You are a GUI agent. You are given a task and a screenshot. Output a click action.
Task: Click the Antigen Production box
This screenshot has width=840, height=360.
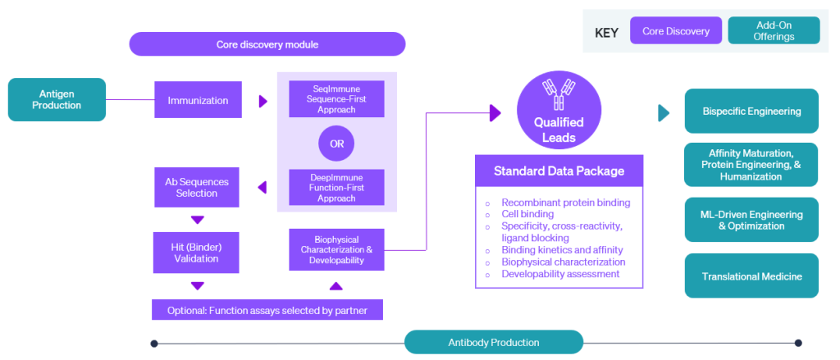[x=57, y=99]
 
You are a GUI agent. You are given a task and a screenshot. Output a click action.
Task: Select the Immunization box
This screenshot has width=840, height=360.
[x=198, y=101]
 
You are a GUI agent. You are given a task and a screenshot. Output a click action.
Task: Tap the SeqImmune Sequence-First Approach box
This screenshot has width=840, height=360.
[x=336, y=99]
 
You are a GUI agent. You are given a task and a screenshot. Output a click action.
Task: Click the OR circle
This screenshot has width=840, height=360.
[x=336, y=145]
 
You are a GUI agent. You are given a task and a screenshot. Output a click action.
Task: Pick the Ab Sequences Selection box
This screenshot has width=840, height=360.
[x=197, y=188]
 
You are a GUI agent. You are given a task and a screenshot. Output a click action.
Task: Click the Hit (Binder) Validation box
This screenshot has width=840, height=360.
[x=197, y=253]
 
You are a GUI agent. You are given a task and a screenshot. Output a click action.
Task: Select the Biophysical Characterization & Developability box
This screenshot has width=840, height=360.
[x=336, y=249]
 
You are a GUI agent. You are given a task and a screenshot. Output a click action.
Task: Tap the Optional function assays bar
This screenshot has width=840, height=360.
[x=267, y=310]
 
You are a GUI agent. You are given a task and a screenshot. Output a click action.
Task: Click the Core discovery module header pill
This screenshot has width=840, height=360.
[x=267, y=44]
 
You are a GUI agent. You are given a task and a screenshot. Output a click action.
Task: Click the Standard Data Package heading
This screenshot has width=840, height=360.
[x=559, y=171]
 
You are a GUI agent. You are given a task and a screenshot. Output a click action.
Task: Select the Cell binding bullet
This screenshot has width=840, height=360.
[x=527, y=214]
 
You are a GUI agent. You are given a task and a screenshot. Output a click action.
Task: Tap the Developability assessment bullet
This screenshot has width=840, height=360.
[x=560, y=274]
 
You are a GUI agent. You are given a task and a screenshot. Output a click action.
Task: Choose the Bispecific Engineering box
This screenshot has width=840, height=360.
[x=751, y=111]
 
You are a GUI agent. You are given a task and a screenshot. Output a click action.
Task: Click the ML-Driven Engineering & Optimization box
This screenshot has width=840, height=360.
[x=751, y=220]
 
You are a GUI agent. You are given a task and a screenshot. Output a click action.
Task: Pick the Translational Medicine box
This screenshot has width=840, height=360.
[x=751, y=276]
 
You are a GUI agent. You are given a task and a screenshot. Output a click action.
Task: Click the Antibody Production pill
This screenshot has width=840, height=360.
[x=494, y=342]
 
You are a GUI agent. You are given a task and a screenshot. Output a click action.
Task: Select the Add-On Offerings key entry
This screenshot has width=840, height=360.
[x=774, y=31]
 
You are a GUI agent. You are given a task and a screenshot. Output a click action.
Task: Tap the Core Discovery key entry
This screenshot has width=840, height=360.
[x=676, y=31]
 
